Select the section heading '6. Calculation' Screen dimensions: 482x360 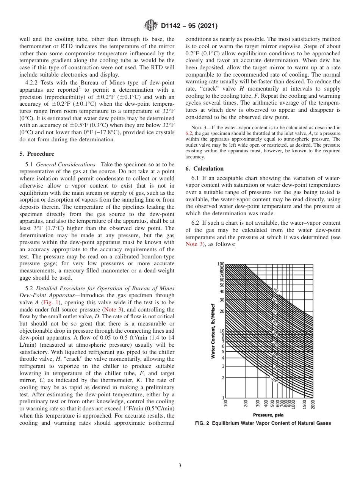(x=205, y=169)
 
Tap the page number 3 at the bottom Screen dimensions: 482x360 (x=180, y=465)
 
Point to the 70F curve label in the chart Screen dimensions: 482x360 (x=276, y=290)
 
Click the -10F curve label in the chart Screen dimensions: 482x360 (x=275, y=379)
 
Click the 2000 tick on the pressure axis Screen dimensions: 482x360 (x=313, y=404)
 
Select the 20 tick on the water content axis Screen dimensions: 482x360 (x=222, y=311)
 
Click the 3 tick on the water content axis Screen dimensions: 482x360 (x=223, y=366)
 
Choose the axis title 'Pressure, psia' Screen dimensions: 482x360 (x=268, y=415)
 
